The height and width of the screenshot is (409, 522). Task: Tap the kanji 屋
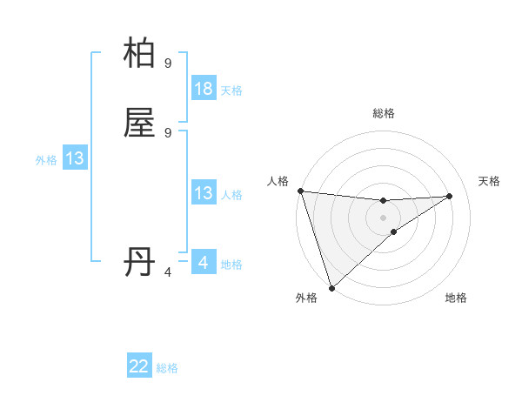[140, 123]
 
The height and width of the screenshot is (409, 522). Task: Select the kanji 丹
[140, 262]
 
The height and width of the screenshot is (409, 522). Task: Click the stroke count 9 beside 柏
[168, 63]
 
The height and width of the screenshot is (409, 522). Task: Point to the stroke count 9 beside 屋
[168, 132]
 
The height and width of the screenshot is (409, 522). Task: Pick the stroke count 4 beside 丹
[168, 272]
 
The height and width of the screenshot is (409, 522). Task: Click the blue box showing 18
[204, 89]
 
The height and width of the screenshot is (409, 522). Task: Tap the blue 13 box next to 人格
[204, 193]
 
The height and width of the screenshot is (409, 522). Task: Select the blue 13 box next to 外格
[75, 158]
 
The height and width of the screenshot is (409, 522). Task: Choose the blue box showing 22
[139, 366]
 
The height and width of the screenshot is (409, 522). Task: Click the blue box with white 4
[204, 262]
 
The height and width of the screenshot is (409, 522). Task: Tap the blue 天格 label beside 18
[231, 91]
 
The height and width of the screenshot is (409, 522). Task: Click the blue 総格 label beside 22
[167, 368]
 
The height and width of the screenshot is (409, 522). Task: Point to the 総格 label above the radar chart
[383, 113]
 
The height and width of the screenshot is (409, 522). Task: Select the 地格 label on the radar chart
[456, 298]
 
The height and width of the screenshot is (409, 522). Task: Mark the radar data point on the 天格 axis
[450, 196]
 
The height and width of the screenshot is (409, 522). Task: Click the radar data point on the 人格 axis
[300, 191]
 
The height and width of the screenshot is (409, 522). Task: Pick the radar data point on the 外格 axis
[331, 287]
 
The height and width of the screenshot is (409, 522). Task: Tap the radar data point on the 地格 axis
[394, 231]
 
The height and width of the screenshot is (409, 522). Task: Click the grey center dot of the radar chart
[383, 217]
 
